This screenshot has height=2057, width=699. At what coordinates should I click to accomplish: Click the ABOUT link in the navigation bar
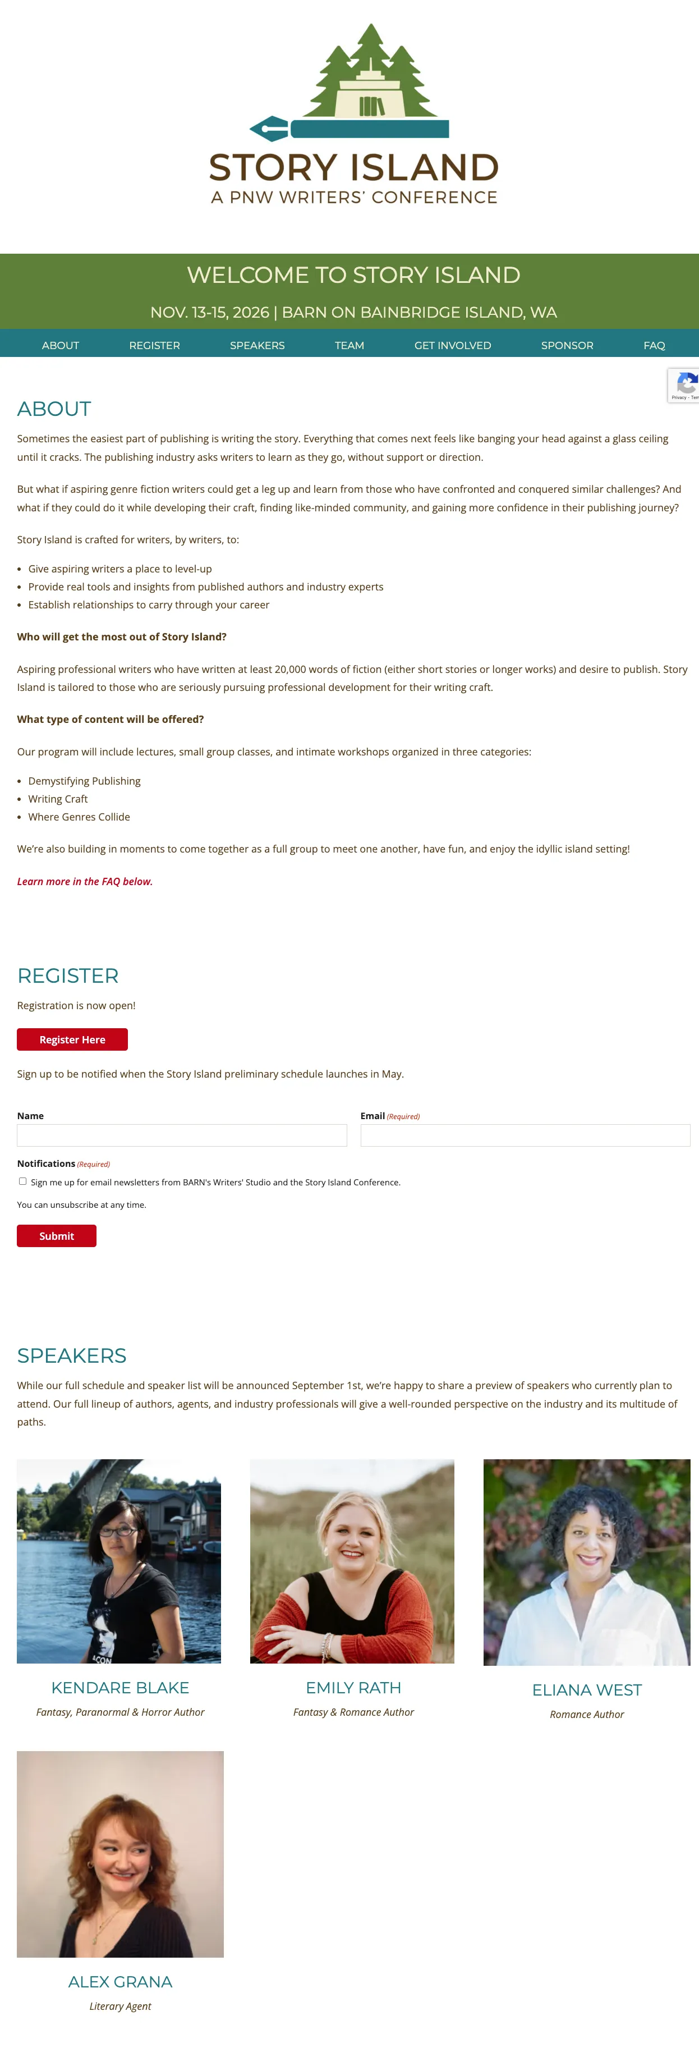[x=61, y=345]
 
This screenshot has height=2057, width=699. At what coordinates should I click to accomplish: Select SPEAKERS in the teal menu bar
[x=257, y=345]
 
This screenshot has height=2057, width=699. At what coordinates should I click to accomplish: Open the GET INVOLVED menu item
[x=452, y=345]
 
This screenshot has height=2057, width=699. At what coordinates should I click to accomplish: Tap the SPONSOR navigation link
[x=567, y=345]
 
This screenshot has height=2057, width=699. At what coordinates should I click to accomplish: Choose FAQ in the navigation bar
[x=654, y=345]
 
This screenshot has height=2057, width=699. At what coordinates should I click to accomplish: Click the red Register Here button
[x=72, y=1039]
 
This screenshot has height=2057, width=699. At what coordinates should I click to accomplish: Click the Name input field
[x=182, y=1135]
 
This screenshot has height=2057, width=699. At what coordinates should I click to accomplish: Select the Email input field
[x=525, y=1135]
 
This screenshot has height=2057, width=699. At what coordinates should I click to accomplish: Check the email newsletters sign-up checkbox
[x=22, y=1181]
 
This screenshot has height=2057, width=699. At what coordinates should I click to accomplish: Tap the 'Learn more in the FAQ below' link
[x=85, y=881]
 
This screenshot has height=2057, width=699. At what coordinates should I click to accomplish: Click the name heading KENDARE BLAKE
[x=119, y=1687]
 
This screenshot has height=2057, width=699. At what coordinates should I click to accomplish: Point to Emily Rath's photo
[x=352, y=1560]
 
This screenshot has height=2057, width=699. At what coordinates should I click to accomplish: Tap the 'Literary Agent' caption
[x=119, y=2006]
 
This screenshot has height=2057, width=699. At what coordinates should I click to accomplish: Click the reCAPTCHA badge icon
[x=686, y=384]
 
